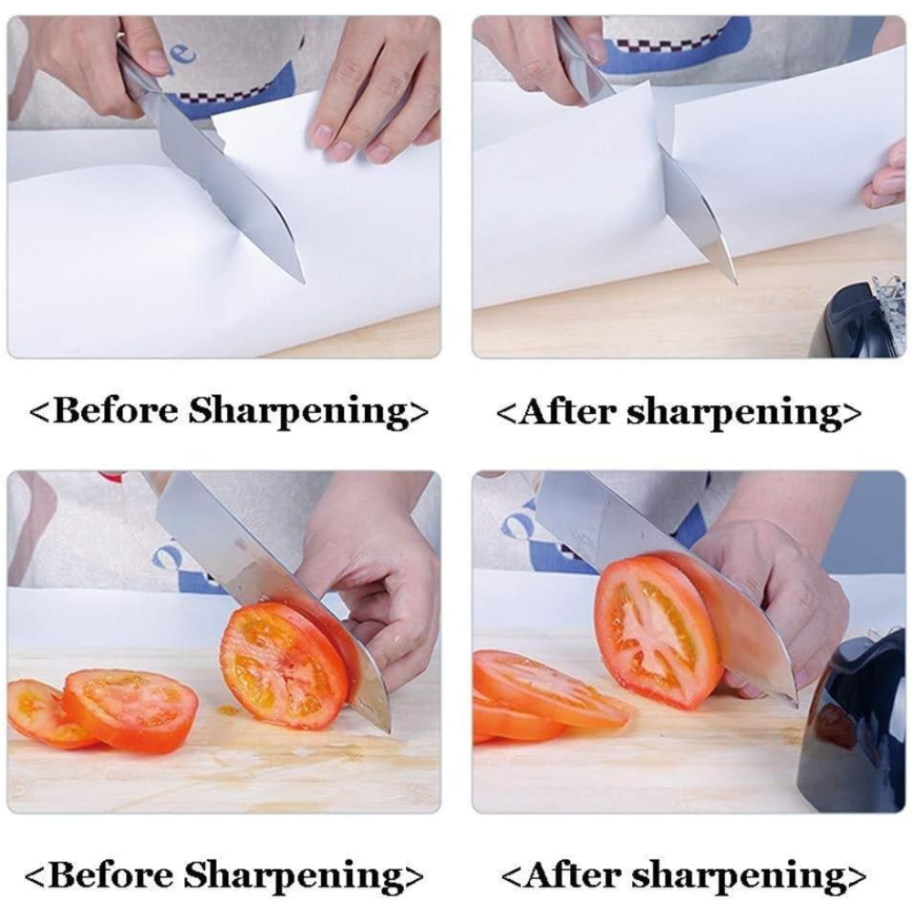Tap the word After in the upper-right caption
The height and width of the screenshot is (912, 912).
567,412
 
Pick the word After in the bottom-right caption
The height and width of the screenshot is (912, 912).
573,876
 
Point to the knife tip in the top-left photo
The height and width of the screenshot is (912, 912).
303,282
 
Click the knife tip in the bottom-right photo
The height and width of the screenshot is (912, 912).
794,702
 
